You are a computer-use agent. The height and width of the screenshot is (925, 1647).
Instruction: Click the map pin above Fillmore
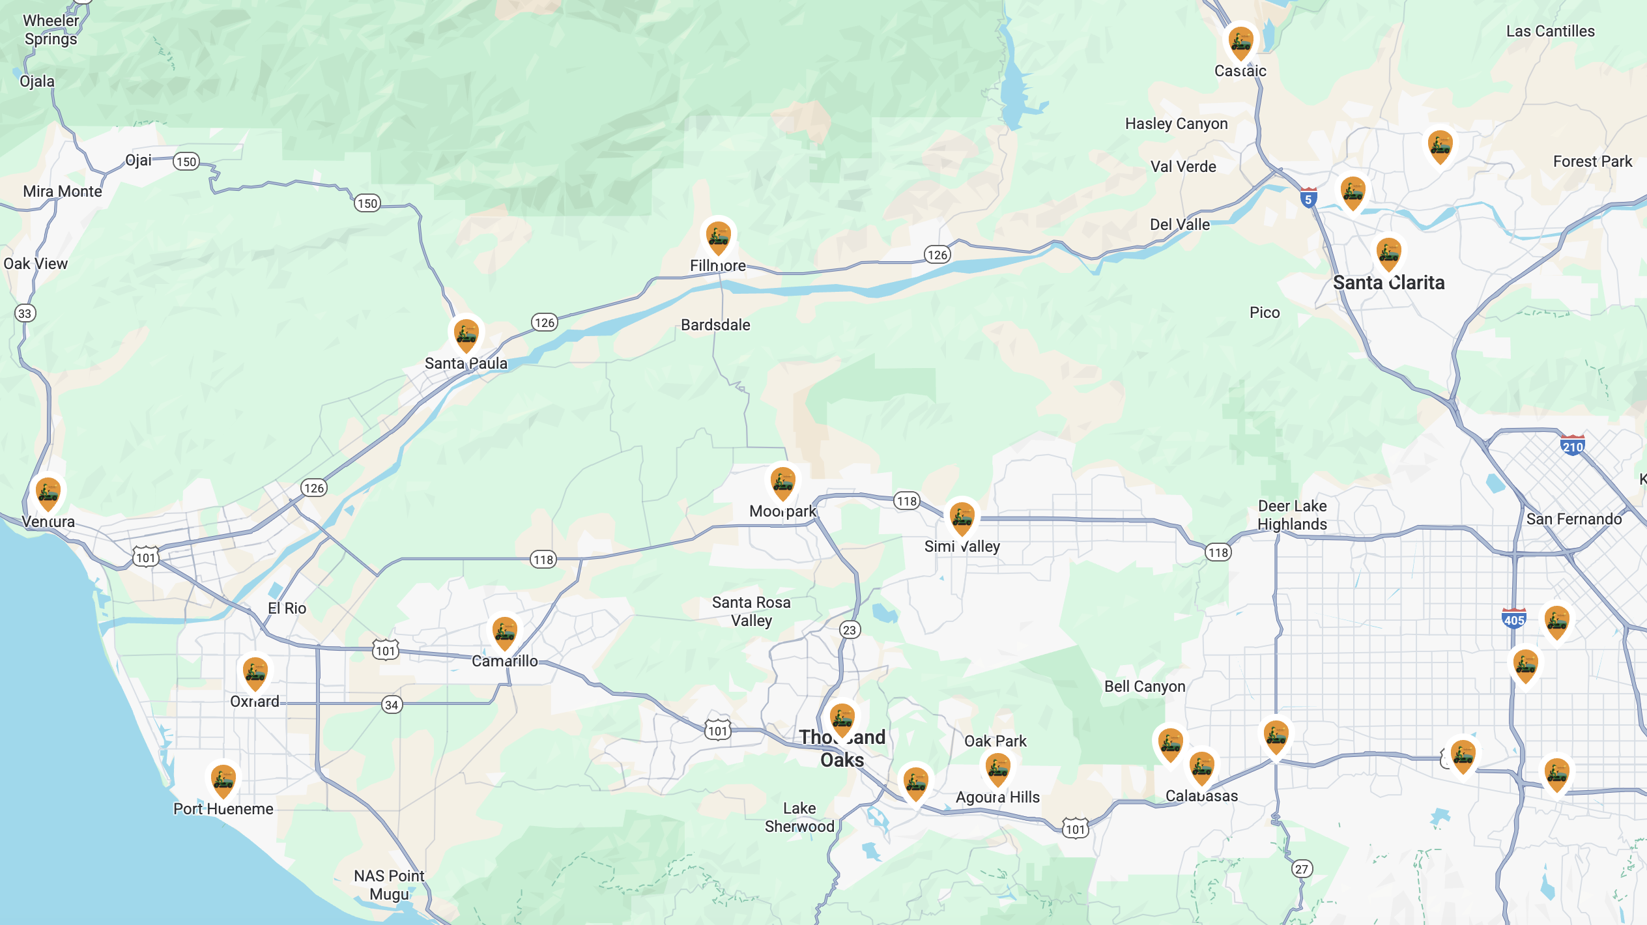tap(718, 238)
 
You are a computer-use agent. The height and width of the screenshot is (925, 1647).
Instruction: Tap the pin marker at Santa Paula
tap(466, 335)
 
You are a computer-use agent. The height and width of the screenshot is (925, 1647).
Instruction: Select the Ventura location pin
tap(48, 493)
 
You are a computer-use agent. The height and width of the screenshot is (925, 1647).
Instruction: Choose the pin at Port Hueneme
tap(223, 780)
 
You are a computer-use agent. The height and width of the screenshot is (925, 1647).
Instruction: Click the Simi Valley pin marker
tap(962, 519)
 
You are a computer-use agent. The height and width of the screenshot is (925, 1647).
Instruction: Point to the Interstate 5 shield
tap(1308, 198)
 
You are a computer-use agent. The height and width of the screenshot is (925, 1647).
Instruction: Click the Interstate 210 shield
tap(1572, 446)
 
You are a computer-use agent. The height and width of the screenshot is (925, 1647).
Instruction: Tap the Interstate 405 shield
tap(1513, 619)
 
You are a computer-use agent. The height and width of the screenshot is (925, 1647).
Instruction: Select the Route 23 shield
tap(850, 630)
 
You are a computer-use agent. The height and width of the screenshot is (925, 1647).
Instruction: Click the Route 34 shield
tap(392, 705)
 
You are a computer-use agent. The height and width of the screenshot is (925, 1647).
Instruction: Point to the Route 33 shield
tap(25, 313)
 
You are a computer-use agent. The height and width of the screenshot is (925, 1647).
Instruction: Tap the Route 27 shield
tap(1301, 869)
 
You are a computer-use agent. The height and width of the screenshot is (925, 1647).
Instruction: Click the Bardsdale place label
tap(715, 325)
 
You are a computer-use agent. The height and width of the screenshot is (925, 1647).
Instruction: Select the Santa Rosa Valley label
tap(751, 612)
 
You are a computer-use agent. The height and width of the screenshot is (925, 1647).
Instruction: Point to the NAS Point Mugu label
tap(389, 885)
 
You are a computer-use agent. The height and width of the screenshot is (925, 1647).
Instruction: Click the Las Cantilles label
tap(1550, 31)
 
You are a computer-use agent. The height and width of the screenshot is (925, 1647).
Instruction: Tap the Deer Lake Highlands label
tap(1292, 515)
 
